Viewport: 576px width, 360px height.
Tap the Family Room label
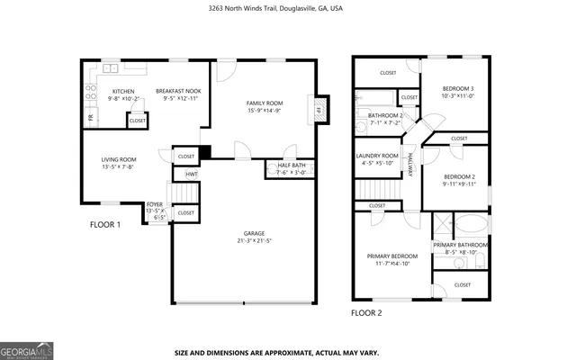coord(265,103)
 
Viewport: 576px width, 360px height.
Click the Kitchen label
coord(123,91)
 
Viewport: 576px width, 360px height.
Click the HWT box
coord(192,174)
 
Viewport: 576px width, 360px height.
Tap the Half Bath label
coord(290,166)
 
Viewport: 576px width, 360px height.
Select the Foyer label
coord(155,205)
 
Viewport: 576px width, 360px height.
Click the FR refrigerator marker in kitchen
coord(90,118)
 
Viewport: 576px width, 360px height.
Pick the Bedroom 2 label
coord(459,176)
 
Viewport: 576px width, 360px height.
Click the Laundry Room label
coord(377,156)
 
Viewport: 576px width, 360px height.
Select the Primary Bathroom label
coord(460,245)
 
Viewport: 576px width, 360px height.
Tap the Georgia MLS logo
coord(26,349)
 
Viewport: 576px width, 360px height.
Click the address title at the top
coord(287,8)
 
